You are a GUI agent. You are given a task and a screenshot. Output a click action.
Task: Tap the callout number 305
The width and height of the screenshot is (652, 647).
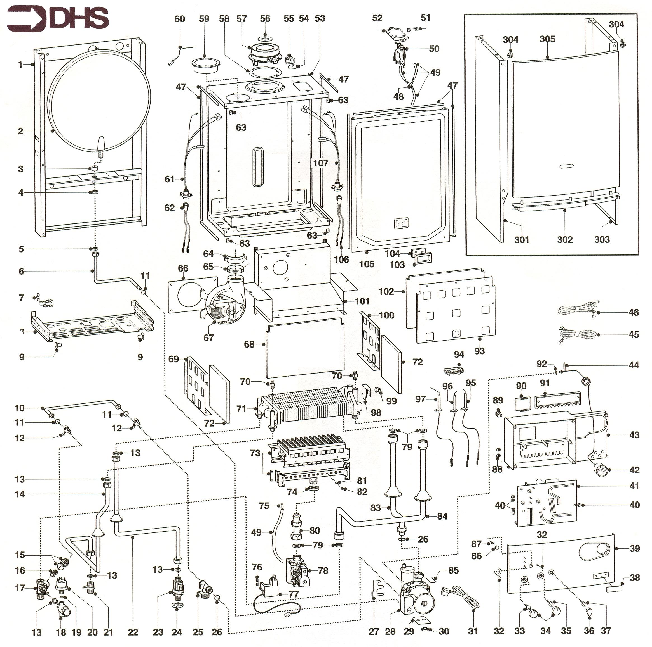pyautogui.click(x=547, y=39)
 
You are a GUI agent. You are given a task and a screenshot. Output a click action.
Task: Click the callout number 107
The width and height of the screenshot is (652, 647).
pyautogui.click(x=321, y=163)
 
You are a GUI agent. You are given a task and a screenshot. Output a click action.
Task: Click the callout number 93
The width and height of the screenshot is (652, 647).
pyautogui.click(x=479, y=351)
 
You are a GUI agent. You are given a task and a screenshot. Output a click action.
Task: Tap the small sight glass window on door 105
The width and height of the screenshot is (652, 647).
pyautogui.click(x=401, y=223)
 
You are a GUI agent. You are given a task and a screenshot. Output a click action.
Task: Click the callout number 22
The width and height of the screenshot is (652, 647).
pyautogui.click(x=133, y=632)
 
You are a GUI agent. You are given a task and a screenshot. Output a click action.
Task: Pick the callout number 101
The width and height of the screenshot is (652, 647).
pyautogui.click(x=362, y=301)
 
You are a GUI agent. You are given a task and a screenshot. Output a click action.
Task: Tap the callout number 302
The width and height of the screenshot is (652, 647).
pyautogui.click(x=565, y=240)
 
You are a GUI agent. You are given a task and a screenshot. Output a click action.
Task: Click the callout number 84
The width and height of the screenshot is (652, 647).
pyautogui.click(x=442, y=516)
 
